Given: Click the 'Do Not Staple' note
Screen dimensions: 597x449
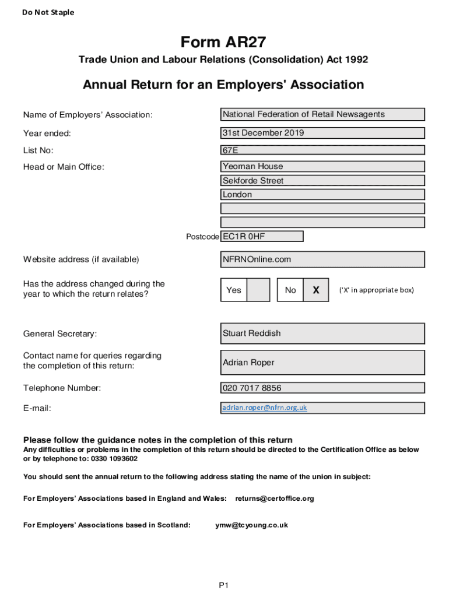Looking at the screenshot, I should [48, 12].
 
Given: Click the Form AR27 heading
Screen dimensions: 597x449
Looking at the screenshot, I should [223, 43].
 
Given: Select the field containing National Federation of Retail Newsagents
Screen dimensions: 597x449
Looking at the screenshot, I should [322, 114].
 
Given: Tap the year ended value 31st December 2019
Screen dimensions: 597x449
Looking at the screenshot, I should [322, 133].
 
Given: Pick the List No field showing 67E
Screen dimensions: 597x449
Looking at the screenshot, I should [322, 150].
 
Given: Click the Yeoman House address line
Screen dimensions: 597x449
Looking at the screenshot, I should [322, 167].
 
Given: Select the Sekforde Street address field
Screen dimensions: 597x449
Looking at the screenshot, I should [322, 181].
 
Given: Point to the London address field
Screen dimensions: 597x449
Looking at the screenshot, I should [322, 195].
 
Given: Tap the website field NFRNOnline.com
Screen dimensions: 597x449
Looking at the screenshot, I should [322, 259].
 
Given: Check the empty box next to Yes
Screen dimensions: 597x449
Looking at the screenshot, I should [258, 290].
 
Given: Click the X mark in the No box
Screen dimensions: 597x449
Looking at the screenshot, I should [316, 290].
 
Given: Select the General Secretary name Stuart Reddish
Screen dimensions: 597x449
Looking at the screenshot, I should [322, 333].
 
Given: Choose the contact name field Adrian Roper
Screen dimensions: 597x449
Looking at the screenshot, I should [322, 363].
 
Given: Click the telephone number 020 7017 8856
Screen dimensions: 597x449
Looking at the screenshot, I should [322, 388].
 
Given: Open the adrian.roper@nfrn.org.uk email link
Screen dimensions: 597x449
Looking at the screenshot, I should [264, 408].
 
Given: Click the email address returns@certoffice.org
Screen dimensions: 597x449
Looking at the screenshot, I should [275, 498].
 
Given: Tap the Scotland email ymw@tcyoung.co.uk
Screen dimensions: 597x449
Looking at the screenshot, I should [251, 525].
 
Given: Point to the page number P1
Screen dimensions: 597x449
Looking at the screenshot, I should [224, 585].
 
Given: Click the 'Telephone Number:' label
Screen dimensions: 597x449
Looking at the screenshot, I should [62, 388].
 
